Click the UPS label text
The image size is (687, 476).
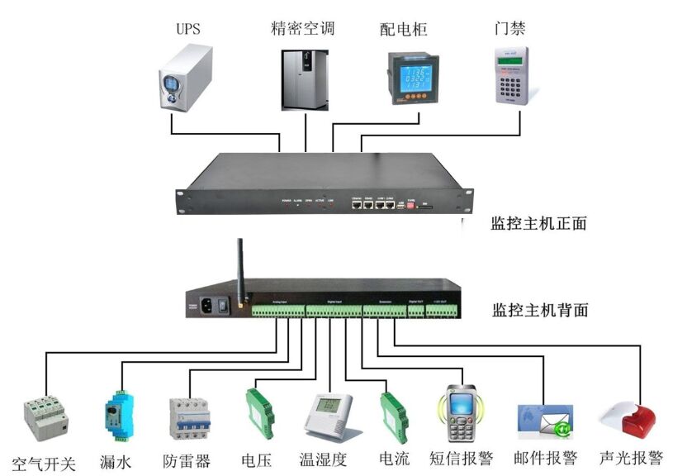[187, 29]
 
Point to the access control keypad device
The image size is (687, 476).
[511, 75]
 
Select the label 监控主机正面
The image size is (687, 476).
[539, 222]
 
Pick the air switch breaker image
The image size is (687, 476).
[44, 418]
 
